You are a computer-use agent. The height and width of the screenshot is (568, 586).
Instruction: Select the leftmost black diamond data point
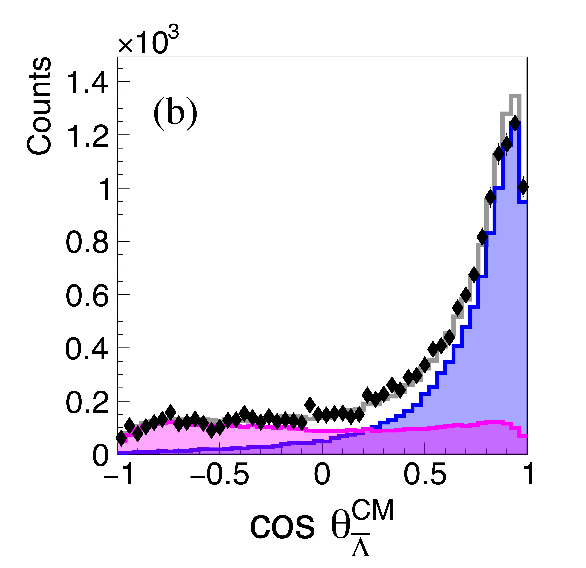(121, 438)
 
